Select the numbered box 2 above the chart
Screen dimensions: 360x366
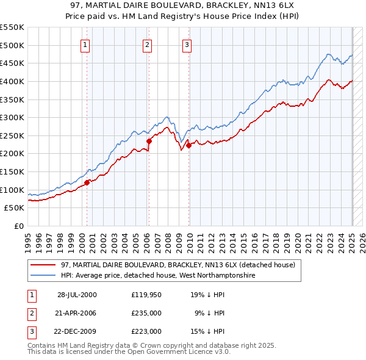[x=148, y=44]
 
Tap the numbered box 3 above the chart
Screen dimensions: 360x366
[x=187, y=44]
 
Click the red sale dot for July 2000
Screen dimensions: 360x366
[x=87, y=182]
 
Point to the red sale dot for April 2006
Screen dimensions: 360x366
[x=149, y=140]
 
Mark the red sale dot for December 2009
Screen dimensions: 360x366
[x=189, y=145]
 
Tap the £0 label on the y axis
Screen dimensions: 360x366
[x=19, y=226]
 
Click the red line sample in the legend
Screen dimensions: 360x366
[x=44, y=265]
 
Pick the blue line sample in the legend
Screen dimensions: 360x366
[x=44, y=276]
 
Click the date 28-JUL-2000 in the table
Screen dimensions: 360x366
[x=77, y=295]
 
